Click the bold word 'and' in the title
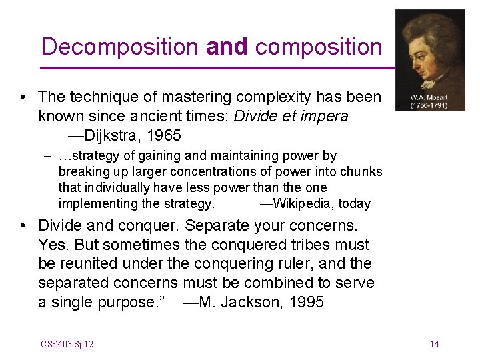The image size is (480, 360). coord(227,47)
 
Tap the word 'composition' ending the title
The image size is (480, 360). coord(319,47)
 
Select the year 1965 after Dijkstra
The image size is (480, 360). coord(164,135)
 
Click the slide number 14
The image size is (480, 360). coord(434,344)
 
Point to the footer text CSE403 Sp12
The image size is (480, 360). coord(67,344)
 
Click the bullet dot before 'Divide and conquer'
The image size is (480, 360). coord(23,225)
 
